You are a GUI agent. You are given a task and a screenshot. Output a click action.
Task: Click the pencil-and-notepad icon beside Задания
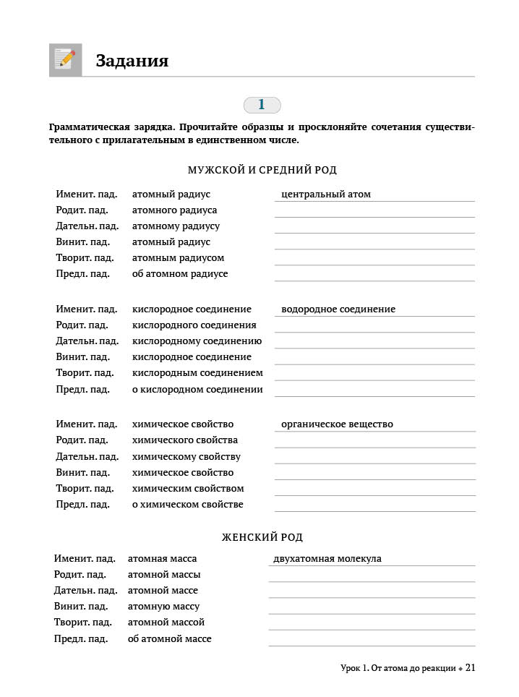click(x=65, y=60)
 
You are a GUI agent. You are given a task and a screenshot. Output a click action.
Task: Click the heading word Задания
click(x=132, y=61)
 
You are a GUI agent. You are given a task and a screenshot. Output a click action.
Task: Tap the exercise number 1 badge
click(x=262, y=105)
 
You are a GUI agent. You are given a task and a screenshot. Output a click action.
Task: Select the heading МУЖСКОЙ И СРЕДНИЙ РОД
click(x=262, y=170)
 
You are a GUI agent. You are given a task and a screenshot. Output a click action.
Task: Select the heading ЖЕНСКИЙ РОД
click(x=262, y=537)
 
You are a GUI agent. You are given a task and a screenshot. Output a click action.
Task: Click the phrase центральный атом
click(x=326, y=194)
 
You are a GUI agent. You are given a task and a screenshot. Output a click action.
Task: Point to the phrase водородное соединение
click(x=338, y=309)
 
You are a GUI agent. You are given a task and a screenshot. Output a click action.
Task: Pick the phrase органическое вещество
click(x=337, y=424)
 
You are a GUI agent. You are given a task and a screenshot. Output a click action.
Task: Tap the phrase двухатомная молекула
click(x=327, y=558)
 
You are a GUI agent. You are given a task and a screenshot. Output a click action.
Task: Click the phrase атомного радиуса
click(x=174, y=210)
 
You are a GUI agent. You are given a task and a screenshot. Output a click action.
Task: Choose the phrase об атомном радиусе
click(x=180, y=273)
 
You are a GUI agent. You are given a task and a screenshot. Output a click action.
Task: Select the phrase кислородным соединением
click(x=197, y=372)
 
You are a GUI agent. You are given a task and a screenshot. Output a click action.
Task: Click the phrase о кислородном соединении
click(x=197, y=389)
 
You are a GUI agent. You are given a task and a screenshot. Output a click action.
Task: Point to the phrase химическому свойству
click(x=186, y=456)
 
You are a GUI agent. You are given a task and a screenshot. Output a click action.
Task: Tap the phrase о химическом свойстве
click(x=188, y=504)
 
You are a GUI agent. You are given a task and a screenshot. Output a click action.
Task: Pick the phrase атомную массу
click(x=163, y=606)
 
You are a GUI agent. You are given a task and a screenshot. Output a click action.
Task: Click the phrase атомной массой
click(x=166, y=622)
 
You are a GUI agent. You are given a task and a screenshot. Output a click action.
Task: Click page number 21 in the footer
click(x=470, y=668)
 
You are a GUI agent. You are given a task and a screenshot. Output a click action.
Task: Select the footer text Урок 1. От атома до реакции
click(x=398, y=669)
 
